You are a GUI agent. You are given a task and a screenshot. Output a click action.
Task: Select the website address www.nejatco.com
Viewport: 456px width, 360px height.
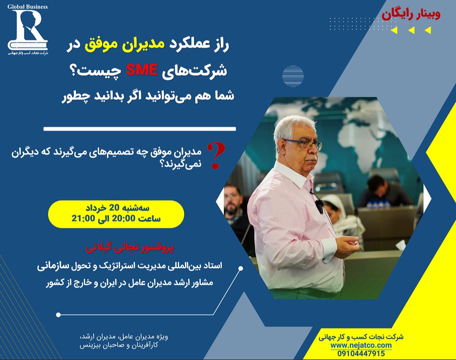[x=361, y=345]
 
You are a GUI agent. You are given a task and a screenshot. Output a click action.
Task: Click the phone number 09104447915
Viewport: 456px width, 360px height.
[x=361, y=353]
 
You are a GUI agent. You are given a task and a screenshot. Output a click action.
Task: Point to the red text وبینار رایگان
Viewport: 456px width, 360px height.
[x=411, y=14]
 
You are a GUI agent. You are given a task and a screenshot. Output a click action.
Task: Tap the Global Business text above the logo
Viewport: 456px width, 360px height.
[x=28, y=7]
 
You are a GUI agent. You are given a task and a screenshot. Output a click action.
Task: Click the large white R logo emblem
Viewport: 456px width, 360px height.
[x=28, y=30]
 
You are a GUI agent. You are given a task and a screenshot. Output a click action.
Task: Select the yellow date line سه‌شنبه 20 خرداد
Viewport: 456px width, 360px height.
[x=116, y=209]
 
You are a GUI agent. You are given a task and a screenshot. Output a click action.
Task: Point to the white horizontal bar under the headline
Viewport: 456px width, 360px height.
[x=140, y=128]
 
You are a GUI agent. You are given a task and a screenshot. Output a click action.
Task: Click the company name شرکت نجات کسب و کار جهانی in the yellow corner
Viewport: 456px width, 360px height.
[x=361, y=337]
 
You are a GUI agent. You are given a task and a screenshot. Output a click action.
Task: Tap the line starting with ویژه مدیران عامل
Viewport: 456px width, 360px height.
[x=121, y=337]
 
